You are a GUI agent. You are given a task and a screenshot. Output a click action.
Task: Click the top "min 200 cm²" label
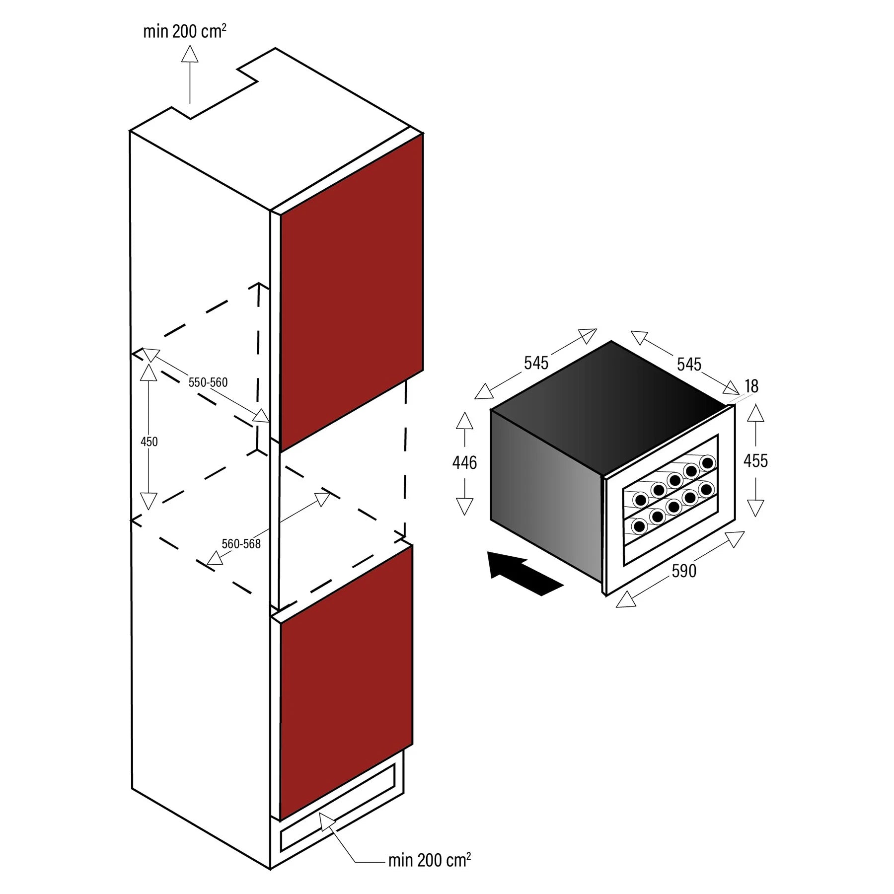point(185,31)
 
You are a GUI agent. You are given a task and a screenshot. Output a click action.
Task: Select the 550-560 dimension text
point(208,382)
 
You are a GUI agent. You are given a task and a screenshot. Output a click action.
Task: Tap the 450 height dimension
point(149,442)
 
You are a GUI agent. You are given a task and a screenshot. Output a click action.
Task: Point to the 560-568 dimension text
point(241,544)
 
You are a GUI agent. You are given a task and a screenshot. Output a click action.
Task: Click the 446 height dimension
point(464,463)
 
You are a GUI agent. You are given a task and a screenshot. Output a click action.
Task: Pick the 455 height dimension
point(755,461)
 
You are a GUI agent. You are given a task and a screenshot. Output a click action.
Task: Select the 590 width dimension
point(684,571)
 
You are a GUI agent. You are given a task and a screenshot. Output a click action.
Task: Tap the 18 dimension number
point(751,386)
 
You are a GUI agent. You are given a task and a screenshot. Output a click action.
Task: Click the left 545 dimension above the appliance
point(536,363)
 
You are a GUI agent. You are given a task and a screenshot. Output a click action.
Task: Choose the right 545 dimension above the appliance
point(689,365)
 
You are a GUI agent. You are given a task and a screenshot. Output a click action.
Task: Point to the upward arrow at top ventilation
point(190,74)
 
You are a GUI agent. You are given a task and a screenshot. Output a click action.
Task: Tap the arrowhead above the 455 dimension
point(755,413)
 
